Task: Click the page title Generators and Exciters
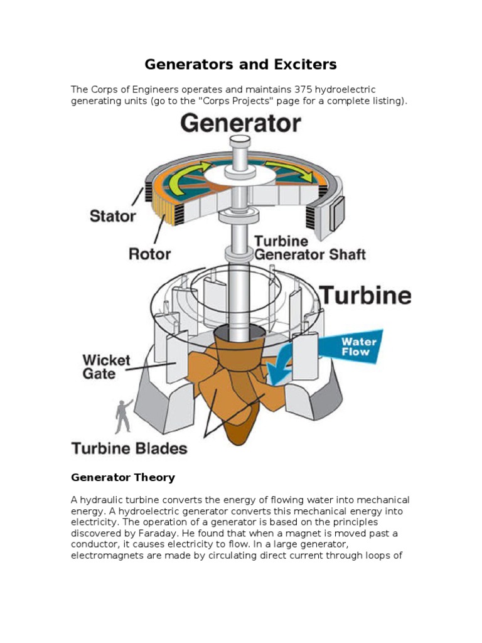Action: (x=241, y=64)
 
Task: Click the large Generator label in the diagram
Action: (x=240, y=123)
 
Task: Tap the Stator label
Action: (x=112, y=216)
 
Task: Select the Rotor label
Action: (x=149, y=254)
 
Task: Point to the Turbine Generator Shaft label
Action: (x=309, y=249)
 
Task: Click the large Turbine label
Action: (x=366, y=296)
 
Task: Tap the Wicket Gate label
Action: (x=107, y=367)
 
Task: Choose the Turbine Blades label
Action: (x=129, y=448)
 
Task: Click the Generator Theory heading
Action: (x=123, y=477)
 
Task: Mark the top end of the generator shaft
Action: (x=240, y=139)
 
